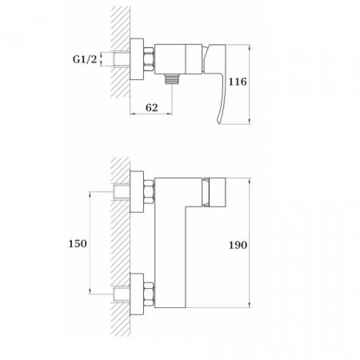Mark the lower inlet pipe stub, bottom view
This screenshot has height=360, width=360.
(x=122, y=292)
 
